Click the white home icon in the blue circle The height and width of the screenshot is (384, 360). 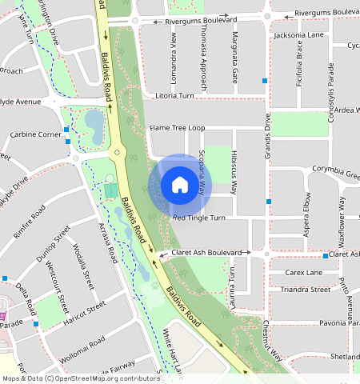(x=180, y=186)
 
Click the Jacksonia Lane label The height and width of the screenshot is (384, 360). (x=298, y=36)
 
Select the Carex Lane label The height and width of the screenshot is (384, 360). (x=302, y=273)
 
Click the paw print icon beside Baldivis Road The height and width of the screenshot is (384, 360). (x=154, y=283)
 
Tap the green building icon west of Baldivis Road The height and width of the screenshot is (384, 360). (x=110, y=190)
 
